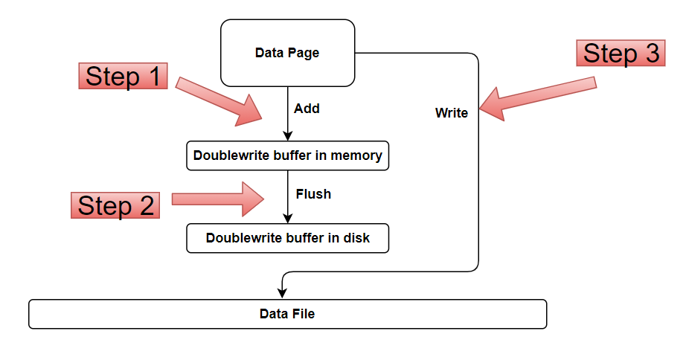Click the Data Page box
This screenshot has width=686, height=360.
(287, 53)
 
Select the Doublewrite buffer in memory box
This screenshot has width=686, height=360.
(287, 155)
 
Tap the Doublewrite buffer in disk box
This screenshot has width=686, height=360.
(287, 238)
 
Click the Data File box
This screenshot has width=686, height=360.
(287, 314)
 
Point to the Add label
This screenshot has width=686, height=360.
(307, 109)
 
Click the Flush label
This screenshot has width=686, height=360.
(313, 194)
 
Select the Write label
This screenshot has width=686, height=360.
(452, 113)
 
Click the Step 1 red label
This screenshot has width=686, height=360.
(123, 76)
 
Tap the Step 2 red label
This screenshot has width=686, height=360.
(115, 205)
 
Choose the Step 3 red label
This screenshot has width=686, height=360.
(621, 53)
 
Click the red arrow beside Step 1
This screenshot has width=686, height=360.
(219, 101)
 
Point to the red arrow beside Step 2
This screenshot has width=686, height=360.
(218, 199)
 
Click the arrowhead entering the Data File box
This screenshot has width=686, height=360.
(282, 293)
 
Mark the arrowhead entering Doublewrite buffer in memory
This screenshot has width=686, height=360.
(287, 135)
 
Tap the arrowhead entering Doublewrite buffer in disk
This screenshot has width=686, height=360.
(287, 218)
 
